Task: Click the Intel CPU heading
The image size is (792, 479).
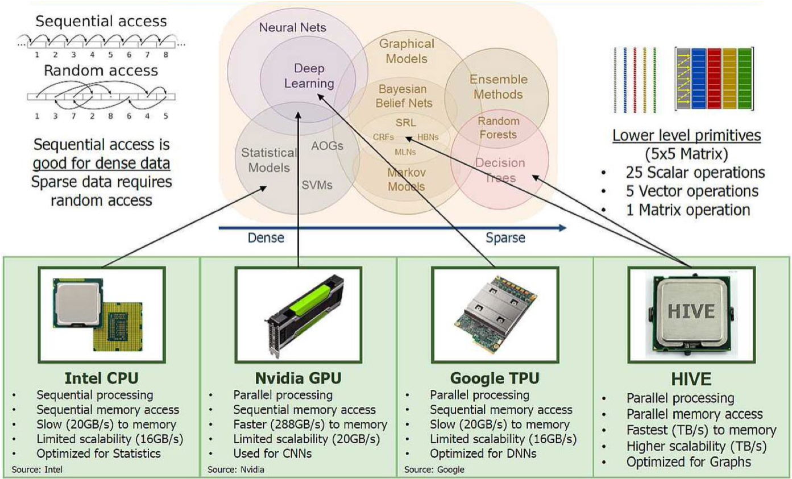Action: coord(102,378)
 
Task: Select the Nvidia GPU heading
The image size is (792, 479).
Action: coord(298,378)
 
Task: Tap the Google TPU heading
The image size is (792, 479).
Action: coord(495,378)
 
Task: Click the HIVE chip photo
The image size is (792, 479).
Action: coord(691,315)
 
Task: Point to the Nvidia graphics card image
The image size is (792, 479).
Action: coord(298,315)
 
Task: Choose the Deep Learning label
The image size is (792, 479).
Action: coord(309,76)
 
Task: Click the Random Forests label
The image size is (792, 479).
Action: coord(498,128)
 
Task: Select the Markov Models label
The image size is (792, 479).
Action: coord(406,178)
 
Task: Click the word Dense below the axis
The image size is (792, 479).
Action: coord(266,238)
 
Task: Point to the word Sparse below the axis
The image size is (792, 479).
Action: coord(505,238)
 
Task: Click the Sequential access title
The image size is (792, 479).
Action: coord(101,22)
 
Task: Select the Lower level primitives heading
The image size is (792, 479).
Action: coord(687,136)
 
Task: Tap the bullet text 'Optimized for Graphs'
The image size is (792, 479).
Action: coord(689,462)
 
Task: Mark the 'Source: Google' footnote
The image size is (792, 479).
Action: coord(434,469)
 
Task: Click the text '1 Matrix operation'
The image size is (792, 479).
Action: coord(687,210)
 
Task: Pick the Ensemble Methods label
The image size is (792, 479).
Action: coord(498,86)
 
